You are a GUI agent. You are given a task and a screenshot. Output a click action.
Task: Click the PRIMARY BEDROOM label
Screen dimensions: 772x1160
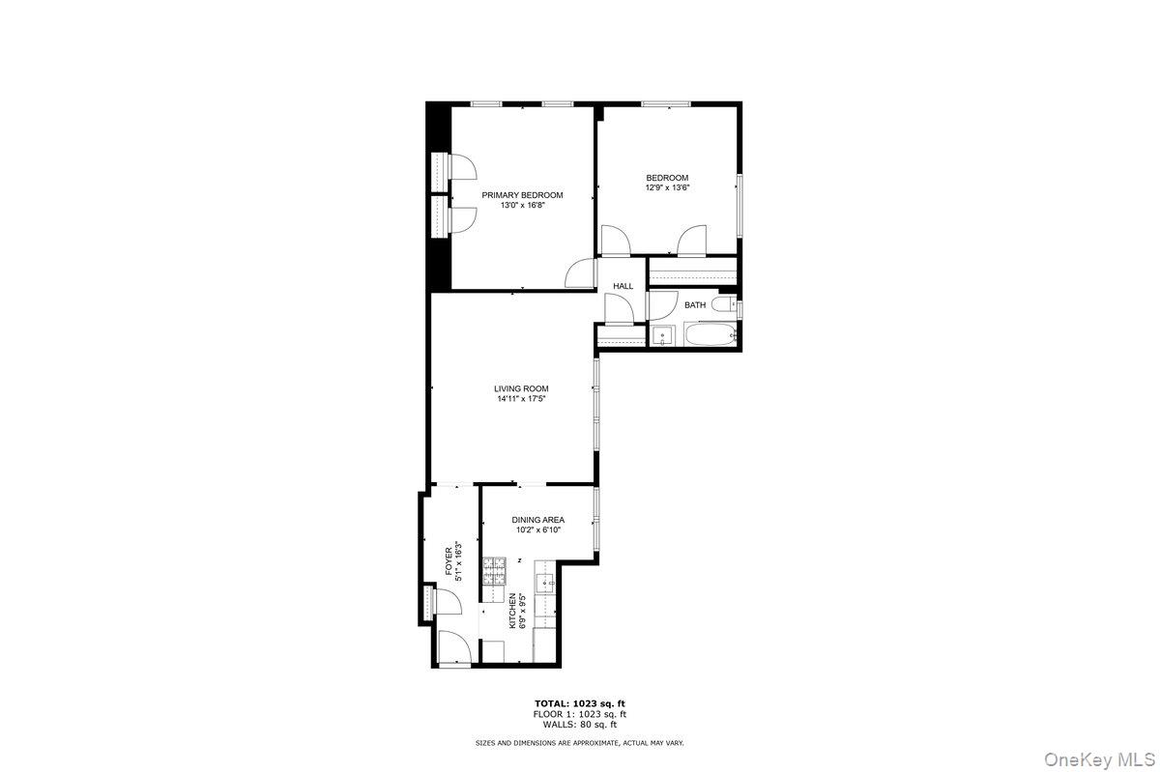click(x=522, y=195)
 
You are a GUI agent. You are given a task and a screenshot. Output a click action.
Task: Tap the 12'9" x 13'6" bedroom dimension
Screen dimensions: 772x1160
click(x=667, y=187)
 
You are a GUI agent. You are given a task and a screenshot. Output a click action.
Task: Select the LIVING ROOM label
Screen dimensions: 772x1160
click(x=521, y=388)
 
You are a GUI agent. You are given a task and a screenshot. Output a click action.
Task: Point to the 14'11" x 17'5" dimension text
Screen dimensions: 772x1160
click(x=521, y=398)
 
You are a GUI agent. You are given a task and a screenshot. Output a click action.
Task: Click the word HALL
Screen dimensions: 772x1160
click(x=623, y=286)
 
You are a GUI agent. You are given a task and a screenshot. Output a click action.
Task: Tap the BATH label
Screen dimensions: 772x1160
click(x=695, y=305)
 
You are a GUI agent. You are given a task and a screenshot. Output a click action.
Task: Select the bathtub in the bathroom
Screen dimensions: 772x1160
click(x=710, y=336)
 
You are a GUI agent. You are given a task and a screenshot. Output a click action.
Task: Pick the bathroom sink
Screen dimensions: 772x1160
click(x=663, y=336)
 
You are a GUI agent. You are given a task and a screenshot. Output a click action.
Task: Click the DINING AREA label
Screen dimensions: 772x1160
click(x=537, y=520)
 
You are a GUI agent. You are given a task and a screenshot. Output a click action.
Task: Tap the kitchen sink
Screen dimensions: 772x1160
click(x=546, y=584)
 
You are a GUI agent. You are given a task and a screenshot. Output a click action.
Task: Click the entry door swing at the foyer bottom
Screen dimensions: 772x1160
click(x=453, y=646)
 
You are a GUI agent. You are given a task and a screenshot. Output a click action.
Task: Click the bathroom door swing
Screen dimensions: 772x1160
click(x=662, y=304)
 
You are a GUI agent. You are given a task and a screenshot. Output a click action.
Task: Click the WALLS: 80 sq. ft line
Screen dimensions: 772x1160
click(x=579, y=724)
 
